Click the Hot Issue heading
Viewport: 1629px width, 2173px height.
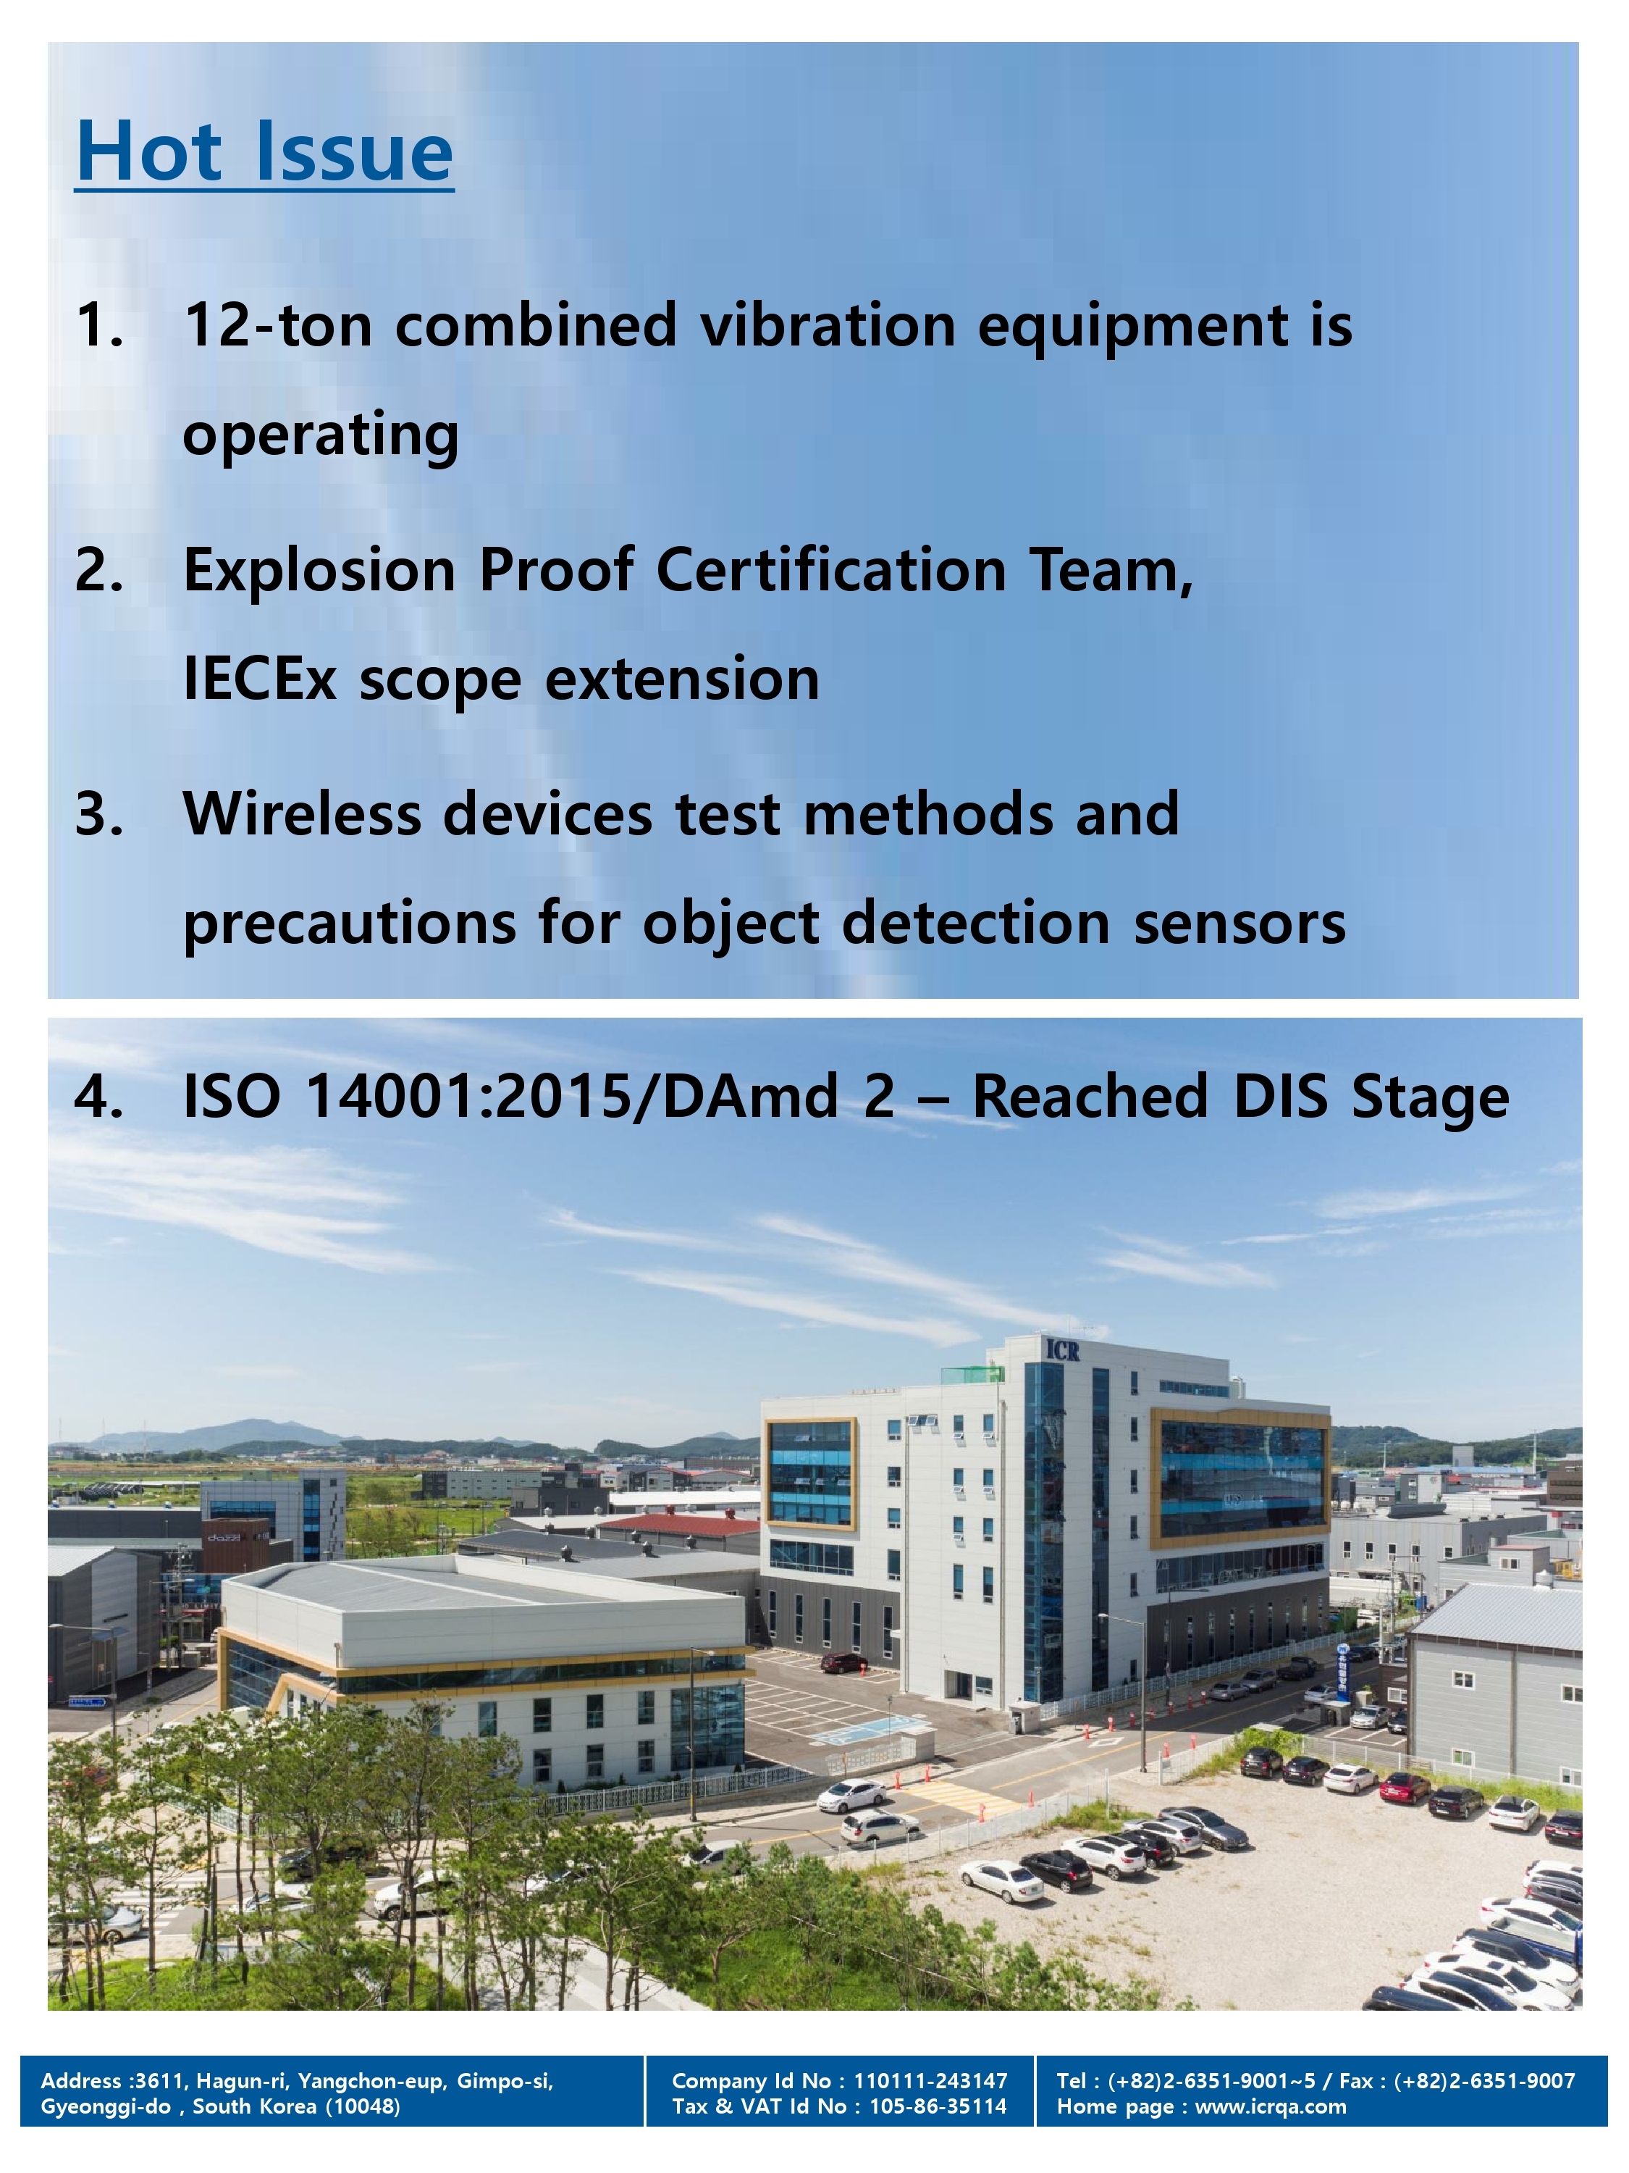(264, 152)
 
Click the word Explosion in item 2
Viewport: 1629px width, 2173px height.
(319, 570)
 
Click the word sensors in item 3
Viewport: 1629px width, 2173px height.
(1239, 924)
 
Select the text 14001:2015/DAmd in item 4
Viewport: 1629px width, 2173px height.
(573, 1097)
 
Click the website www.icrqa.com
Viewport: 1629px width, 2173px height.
(1271, 2106)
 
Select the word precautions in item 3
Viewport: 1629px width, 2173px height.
(350, 924)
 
